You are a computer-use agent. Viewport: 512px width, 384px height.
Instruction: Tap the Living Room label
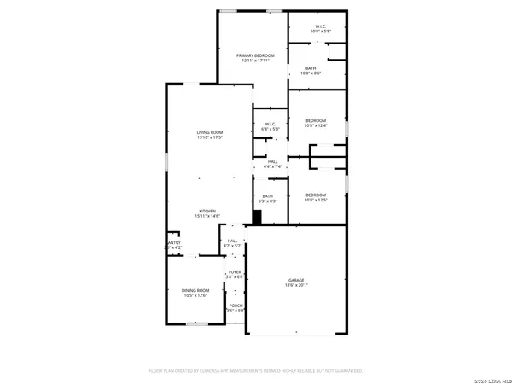210,132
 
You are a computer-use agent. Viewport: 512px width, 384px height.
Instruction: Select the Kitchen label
207,211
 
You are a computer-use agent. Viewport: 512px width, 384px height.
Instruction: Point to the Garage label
296,280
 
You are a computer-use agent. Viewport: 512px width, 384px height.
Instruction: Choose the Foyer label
235,271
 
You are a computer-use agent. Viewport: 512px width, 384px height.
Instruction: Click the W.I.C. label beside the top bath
320,26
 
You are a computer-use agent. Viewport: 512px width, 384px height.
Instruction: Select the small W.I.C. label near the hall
269,125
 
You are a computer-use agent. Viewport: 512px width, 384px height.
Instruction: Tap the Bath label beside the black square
269,196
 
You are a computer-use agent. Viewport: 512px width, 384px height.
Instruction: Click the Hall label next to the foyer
232,241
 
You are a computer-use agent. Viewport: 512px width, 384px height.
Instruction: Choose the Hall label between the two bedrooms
273,161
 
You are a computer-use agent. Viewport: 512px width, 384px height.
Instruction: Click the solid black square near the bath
256,217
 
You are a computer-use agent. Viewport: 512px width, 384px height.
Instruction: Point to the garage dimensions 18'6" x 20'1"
296,286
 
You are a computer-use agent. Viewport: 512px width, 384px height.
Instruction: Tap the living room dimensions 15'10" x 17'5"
210,138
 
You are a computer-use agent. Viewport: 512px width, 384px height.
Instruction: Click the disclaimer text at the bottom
256,371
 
